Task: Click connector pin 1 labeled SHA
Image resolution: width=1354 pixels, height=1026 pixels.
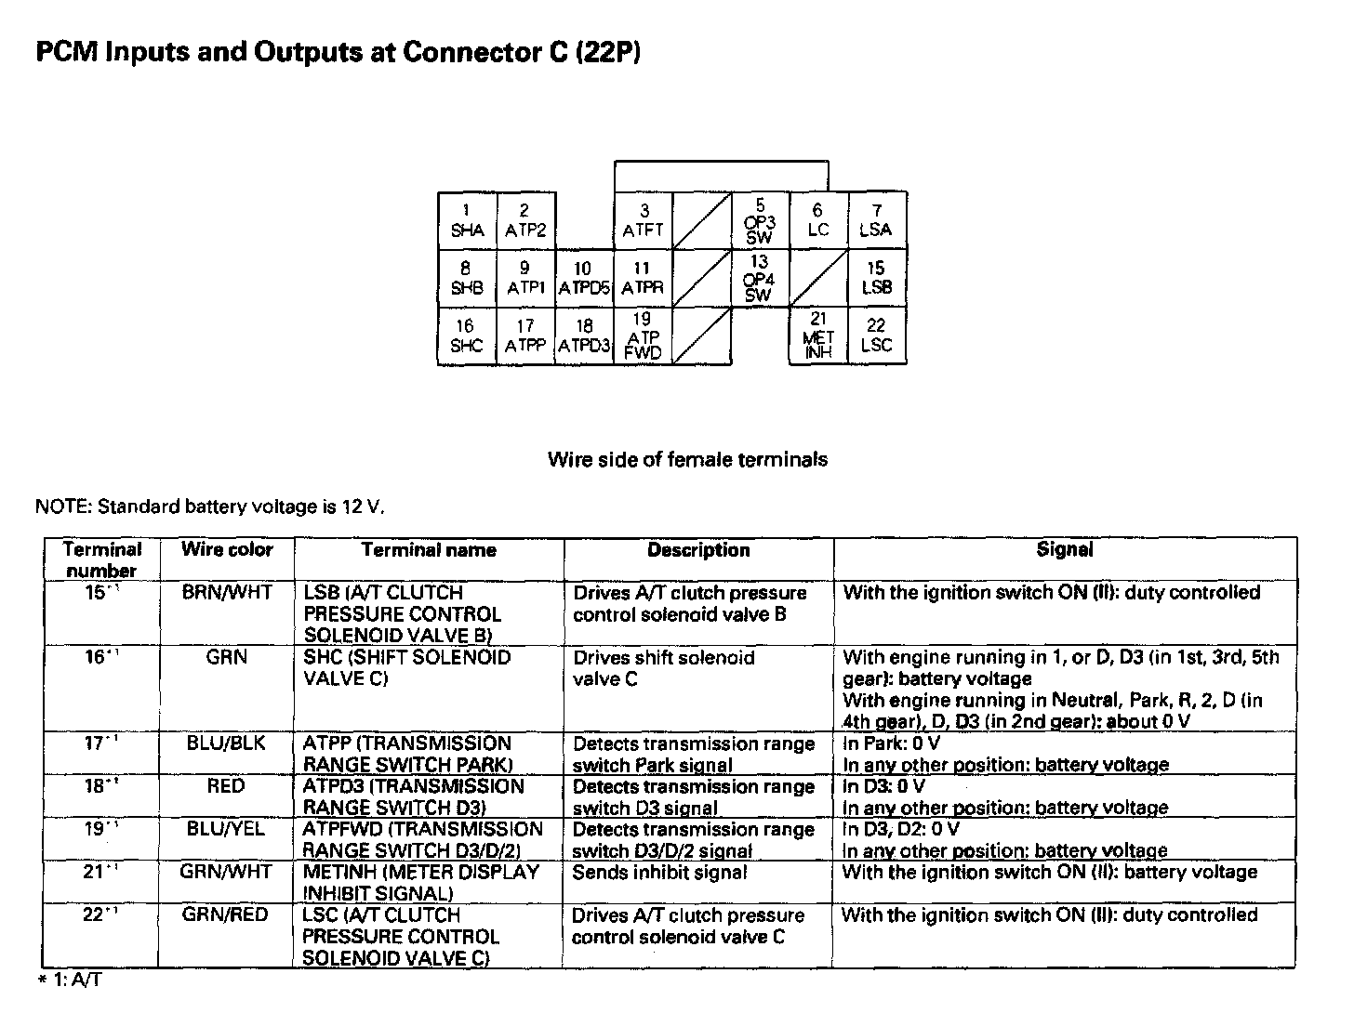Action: tap(467, 220)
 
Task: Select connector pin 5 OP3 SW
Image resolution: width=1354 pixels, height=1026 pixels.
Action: tap(760, 220)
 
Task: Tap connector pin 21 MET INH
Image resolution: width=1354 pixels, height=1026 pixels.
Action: tap(818, 335)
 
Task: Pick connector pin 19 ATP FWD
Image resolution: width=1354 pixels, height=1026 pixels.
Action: tap(644, 335)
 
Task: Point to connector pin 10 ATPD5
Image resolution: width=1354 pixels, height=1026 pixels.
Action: tap(584, 278)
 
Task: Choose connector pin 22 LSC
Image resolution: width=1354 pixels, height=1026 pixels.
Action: tap(877, 335)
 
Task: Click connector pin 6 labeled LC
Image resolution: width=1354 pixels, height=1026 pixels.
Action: tap(818, 220)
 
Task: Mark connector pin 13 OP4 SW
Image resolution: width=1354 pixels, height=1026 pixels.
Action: tap(760, 278)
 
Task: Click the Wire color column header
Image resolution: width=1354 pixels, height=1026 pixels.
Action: tap(227, 550)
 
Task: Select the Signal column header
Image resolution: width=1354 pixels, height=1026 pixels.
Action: tap(1064, 550)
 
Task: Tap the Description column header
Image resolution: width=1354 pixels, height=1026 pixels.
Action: tap(698, 550)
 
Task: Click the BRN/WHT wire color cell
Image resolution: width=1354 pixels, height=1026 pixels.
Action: tap(227, 593)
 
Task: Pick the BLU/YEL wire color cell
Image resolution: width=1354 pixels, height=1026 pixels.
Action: tap(226, 829)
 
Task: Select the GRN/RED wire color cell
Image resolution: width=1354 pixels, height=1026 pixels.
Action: tap(226, 914)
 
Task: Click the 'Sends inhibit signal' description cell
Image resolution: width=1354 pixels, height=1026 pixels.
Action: tap(659, 873)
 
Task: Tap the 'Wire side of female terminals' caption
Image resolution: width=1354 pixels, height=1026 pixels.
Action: tap(687, 459)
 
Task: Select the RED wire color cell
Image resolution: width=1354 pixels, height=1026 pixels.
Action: tap(226, 786)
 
